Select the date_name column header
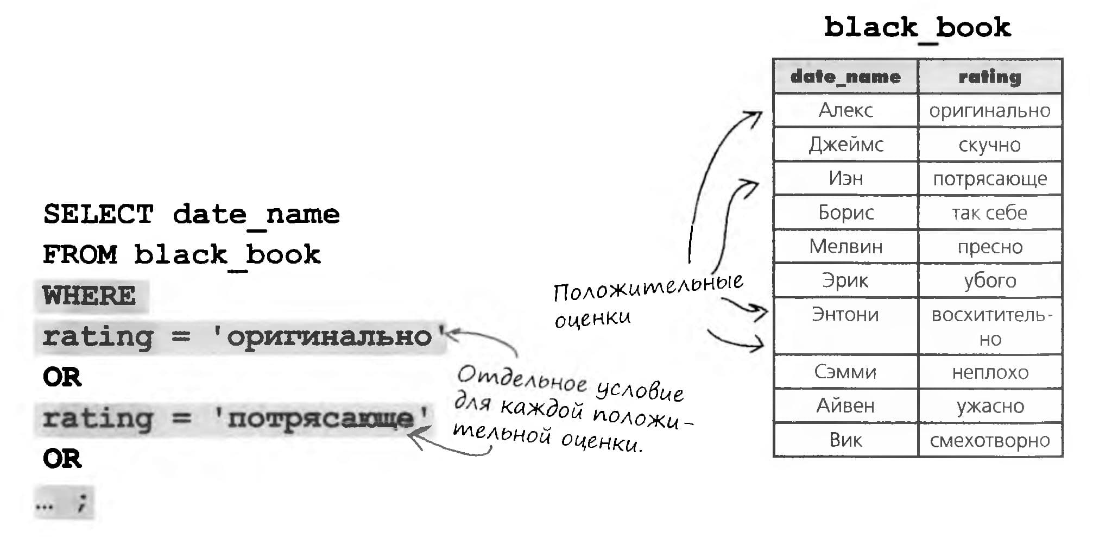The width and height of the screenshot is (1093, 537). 845,77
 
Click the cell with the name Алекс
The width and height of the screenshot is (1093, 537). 845,110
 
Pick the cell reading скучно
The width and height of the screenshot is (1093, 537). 990,145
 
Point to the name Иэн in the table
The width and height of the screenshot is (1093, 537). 845,178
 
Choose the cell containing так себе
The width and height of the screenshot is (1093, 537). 990,213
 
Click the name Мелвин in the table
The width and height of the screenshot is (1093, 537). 845,247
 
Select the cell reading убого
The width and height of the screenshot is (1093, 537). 990,281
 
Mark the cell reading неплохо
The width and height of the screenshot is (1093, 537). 990,372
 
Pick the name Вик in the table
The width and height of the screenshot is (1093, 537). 845,440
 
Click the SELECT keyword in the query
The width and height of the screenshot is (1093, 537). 98,214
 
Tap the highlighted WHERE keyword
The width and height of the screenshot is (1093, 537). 90,296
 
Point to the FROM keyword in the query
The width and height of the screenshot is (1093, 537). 80,255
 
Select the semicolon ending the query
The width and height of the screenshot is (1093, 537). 82,503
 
